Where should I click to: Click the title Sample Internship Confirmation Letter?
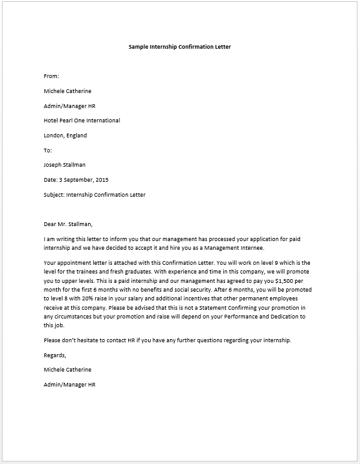point(179,47)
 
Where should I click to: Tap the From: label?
point(51,76)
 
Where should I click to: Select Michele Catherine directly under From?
point(67,91)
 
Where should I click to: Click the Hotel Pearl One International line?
point(82,121)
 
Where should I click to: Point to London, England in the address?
point(66,136)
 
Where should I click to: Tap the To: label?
point(48,151)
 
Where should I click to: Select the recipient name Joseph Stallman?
point(65,165)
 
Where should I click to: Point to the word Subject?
point(54,195)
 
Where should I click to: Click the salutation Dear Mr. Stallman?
point(69,224)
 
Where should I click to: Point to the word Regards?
point(55,355)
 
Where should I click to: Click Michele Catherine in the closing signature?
point(67,370)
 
